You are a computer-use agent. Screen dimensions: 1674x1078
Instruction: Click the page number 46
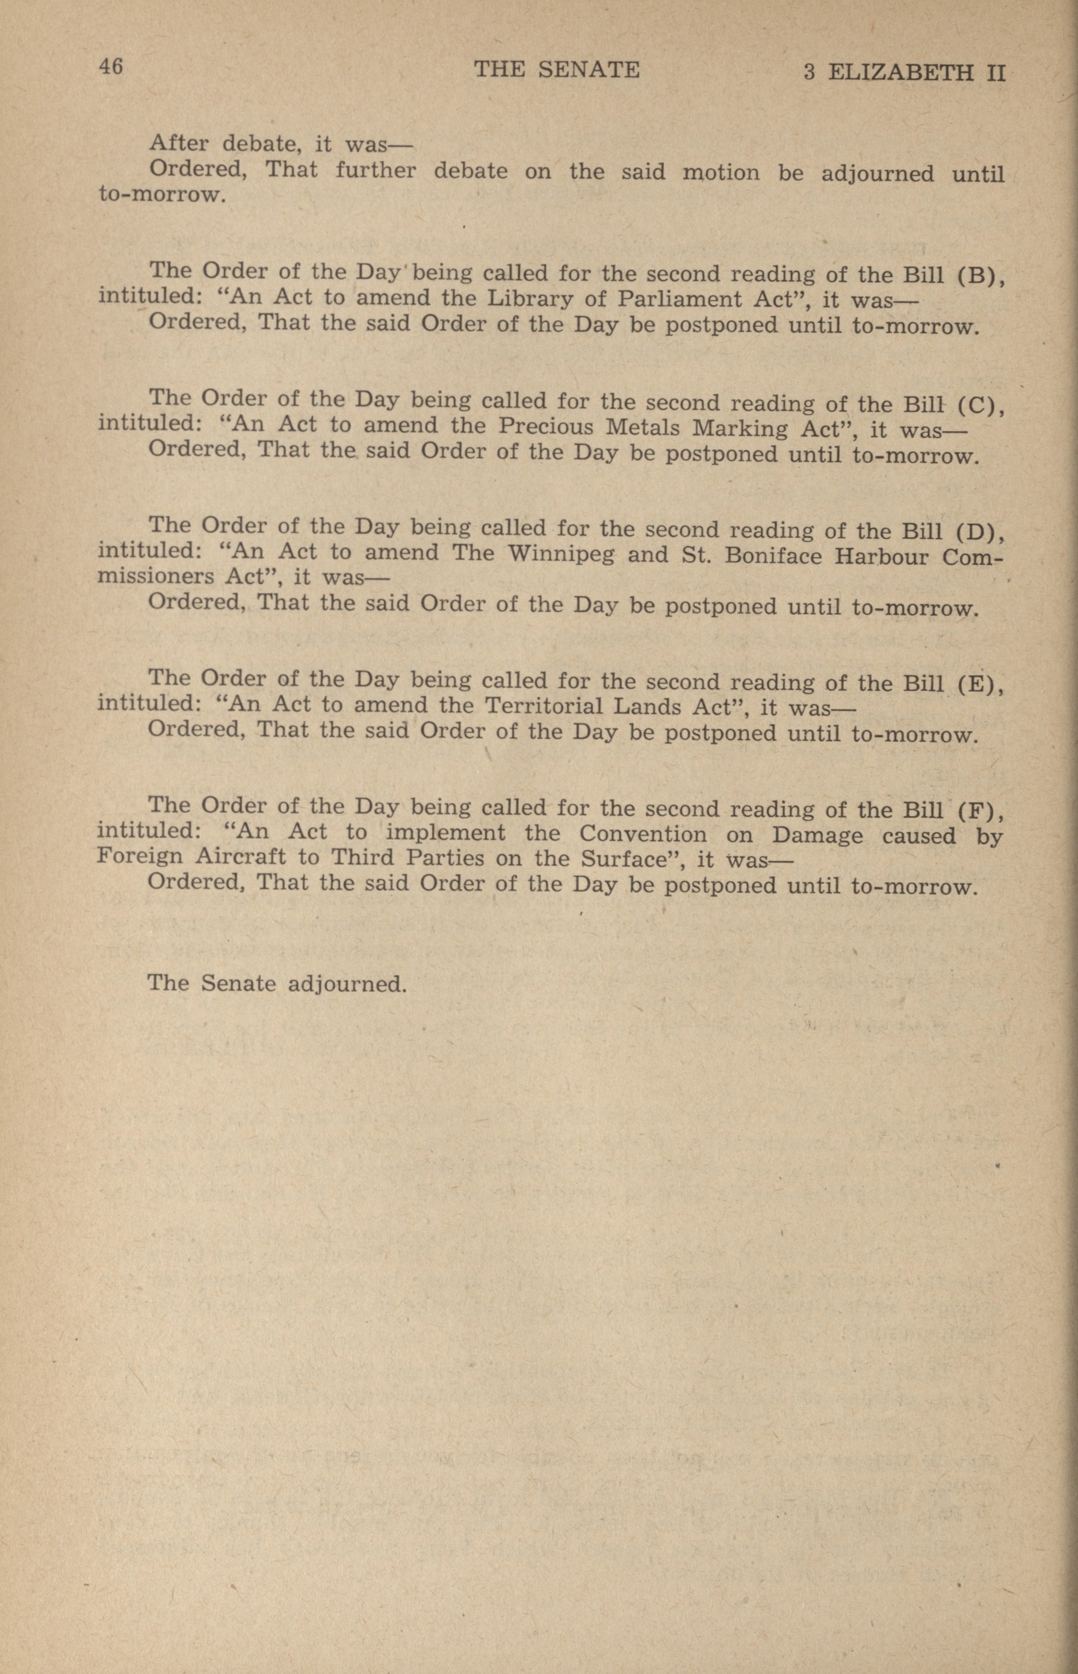click(x=111, y=67)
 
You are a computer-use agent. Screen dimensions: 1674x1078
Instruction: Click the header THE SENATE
click(x=557, y=70)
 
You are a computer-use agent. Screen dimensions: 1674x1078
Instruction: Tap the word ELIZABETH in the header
click(x=900, y=73)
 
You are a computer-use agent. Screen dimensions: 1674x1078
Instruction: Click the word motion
click(x=720, y=172)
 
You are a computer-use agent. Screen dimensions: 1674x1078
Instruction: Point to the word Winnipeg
click(x=562, y=555)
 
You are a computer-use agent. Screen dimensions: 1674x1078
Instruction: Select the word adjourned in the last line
click(x=347, y=985)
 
